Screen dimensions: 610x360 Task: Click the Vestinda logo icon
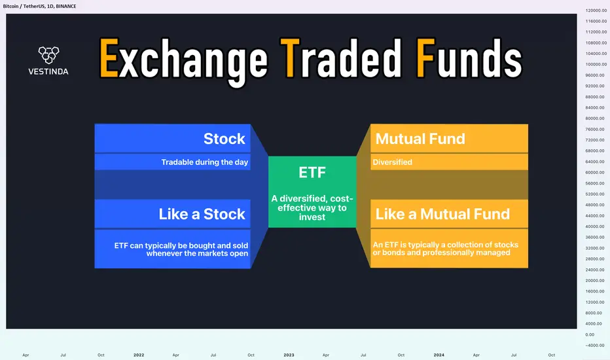point(48,55)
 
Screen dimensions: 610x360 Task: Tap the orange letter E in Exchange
point(109,58)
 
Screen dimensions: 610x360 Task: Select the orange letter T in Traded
point(290,58)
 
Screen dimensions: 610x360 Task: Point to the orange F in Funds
point(425,58)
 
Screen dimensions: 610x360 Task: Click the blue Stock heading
point(224,139)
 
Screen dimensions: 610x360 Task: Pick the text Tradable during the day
point(205,162)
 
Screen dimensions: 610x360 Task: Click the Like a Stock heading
point(202,213)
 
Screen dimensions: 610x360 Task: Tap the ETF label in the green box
point(312,172)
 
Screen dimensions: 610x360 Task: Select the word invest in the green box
point(312,217)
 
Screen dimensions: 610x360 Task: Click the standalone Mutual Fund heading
point(420,139)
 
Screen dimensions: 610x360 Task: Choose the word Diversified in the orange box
point(392,162)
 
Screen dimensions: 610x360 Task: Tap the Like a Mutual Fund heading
point(442,213)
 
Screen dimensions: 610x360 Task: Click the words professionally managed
point(466,253)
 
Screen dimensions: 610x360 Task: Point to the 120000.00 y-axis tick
point(596,10)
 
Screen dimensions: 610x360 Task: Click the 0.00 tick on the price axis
point(590,334)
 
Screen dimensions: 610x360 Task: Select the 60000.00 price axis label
point(596,172)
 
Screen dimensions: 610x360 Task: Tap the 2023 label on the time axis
point(289,355)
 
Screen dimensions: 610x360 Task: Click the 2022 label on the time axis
point(139,355)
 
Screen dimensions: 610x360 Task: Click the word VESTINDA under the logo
point(48,71)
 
